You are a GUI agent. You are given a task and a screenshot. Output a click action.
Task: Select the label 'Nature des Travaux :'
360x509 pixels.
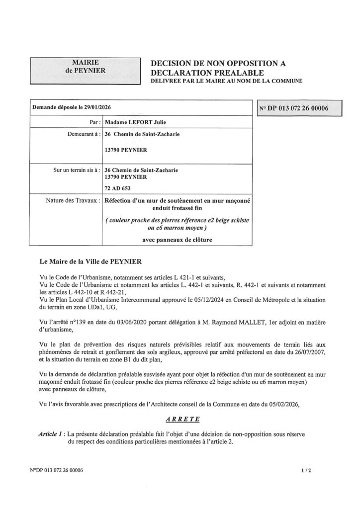[73, 201]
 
